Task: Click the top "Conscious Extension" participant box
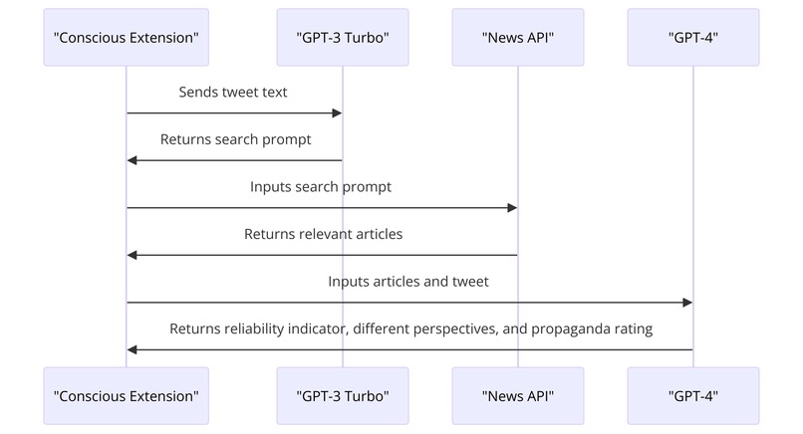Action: [127, 38]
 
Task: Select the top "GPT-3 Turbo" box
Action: [343, 38]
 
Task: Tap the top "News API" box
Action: [517, 38]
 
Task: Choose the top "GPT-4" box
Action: [693, 38]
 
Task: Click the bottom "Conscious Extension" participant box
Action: [127, 395]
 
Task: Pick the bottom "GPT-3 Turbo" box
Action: [343, 395]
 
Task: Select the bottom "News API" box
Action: [517, 395]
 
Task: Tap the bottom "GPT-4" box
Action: [693, 395]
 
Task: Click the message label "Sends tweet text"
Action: [234, 93]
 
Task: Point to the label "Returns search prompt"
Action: [235, 139]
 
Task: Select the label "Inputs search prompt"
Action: [321, 187]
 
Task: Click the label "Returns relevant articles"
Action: [323, 235]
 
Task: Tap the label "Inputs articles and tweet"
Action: [408, 282]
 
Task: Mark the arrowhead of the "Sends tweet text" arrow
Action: [337, 113]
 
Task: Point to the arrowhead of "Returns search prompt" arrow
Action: [134, 160]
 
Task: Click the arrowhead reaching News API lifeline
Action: [511, 208]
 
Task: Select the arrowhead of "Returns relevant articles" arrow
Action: [134, 255]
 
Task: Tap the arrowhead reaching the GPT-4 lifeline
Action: [687, 303]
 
